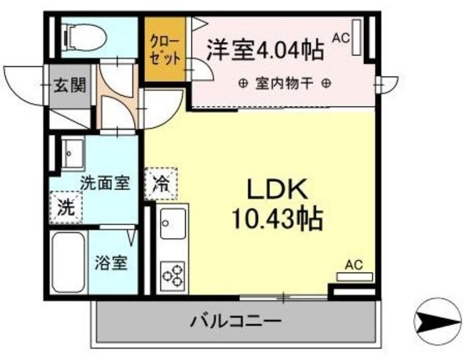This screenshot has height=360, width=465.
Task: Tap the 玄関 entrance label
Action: (70, 85)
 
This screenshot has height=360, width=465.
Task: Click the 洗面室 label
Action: (105, 183)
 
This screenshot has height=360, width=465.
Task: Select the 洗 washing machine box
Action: (66, 206)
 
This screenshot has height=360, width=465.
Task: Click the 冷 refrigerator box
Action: (161, 184)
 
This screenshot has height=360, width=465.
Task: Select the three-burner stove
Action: (173, 275)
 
